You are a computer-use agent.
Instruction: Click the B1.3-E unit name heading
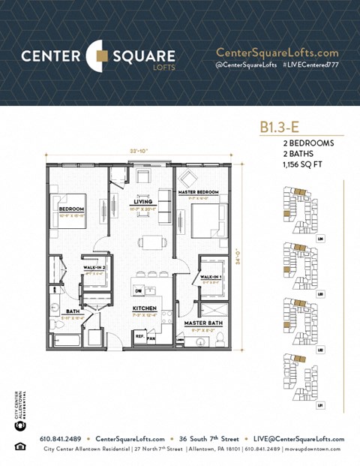click(x=277, y=128)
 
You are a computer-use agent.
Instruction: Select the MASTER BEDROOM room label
click(x=198, y=193)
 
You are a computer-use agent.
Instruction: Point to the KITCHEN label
click(x=144, y=308)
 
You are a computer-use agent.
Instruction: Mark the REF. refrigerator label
click(x=139, y=337)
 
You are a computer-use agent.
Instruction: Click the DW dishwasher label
click(x=137, y=290)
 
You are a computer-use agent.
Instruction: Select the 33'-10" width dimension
click(x=139, y=151)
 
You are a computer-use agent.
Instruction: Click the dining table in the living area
click(x=151, y=242)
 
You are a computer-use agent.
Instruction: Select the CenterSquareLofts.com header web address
click(x=277, y=53)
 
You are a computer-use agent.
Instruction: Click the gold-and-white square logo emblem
click(x=99, y=56)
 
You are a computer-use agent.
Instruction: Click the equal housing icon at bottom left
click(x=19, y=447)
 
